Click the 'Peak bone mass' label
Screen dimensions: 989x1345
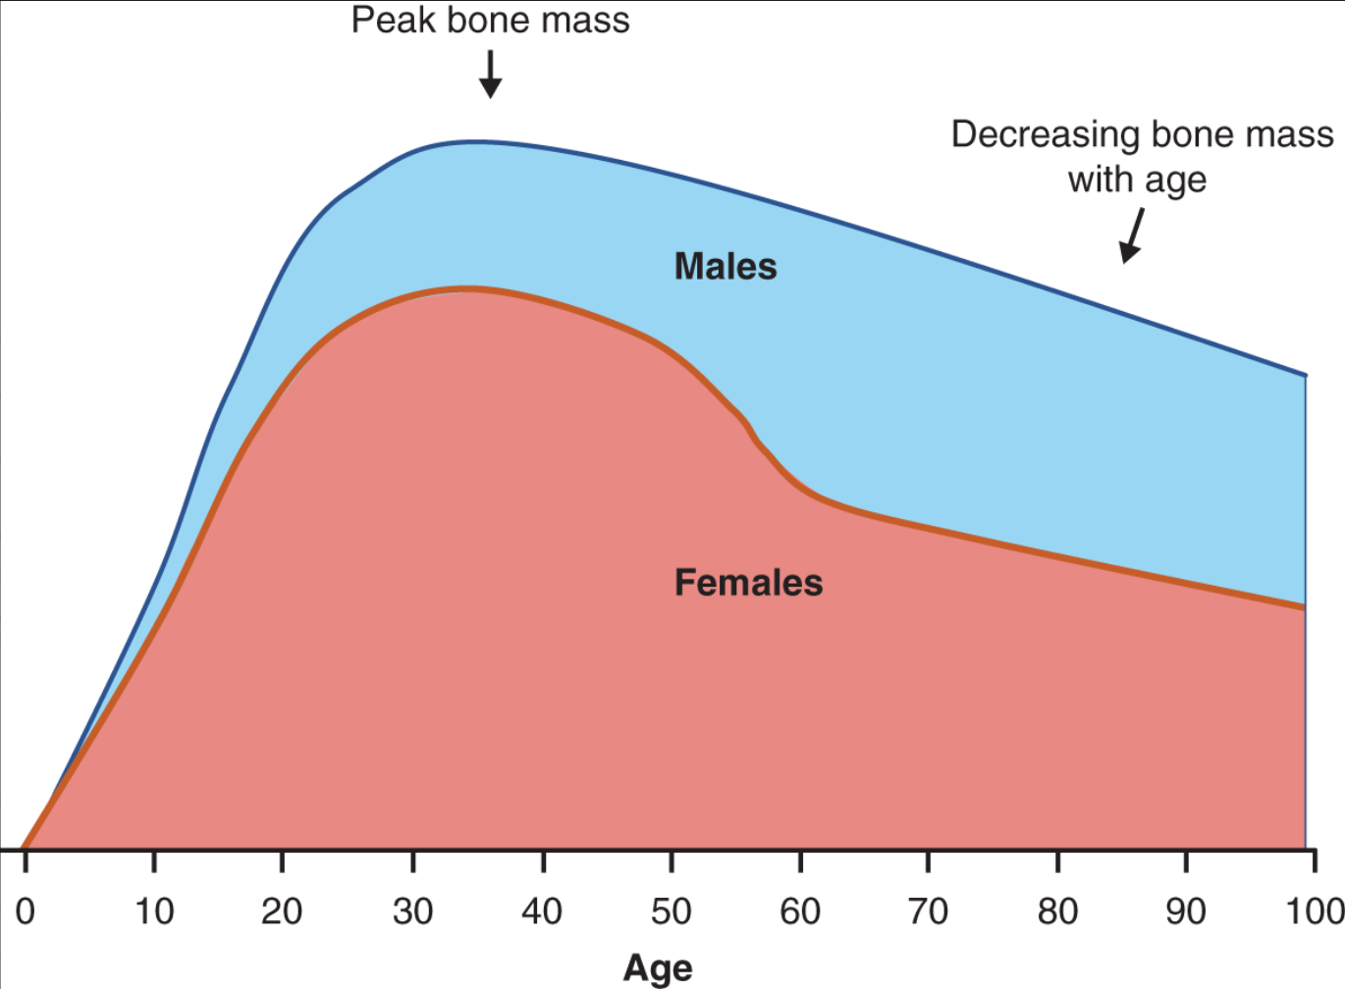click(x=490, y=21)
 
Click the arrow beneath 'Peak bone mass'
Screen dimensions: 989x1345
click(x=490, y=75)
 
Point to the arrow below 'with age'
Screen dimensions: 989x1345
click(x=1132, y=236)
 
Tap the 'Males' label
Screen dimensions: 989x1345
click(x=726, y=267)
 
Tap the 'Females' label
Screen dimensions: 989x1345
click(x=748, y=583)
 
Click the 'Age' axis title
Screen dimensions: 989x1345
click(x=658, y=967)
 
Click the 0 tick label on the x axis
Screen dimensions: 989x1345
click(x=26, y=911)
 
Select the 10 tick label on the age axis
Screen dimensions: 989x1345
click(x=154, y=911)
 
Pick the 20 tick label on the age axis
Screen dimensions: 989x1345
click(x=282, y=911)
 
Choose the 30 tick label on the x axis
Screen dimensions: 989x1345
click(x=412, y=911)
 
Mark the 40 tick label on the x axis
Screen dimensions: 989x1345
click(x=542, y=911)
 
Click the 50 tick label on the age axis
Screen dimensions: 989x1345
click(x=672, y=911)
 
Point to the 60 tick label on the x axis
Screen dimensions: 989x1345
click(x=800, y=911)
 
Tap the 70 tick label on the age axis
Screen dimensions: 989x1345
click(x=928, y=911)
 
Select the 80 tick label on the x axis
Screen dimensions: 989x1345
click(x=1057, y=911)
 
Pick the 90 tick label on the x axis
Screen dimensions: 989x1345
click(x=1186, y=911)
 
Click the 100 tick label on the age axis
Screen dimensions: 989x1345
click(x=1314, y=911)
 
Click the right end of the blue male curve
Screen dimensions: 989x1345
click(x=1305, y=375)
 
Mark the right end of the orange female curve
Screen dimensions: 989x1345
click(x=1304, y=608)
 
